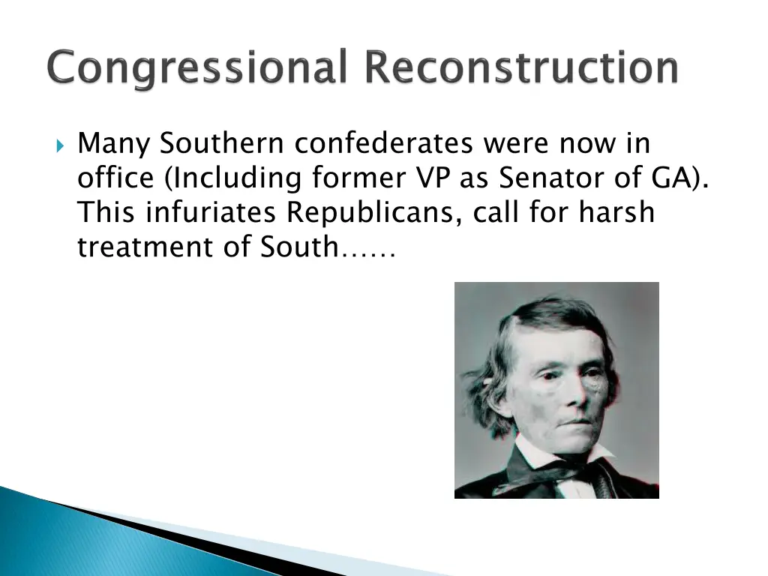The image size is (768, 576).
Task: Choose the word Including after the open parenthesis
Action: [x=229, y=178]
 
